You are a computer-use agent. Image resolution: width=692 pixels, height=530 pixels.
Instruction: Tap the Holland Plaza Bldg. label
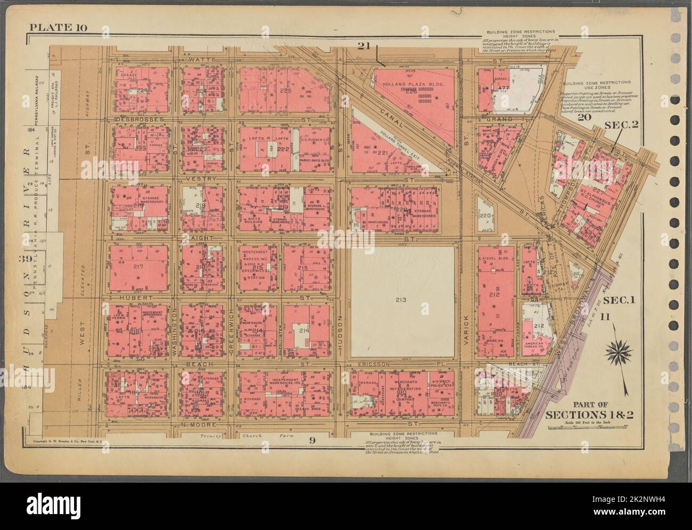point(408,84)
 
